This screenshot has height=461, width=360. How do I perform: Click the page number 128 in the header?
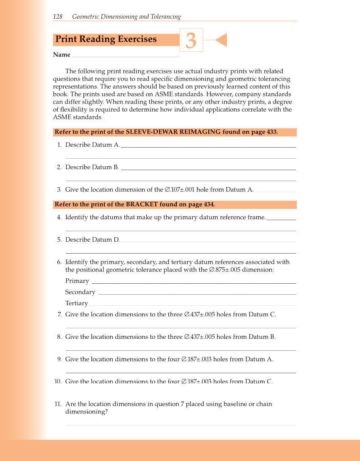[58, 17]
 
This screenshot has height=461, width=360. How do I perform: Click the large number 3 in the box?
[191, 41]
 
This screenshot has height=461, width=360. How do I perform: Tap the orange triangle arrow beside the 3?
[221, 40]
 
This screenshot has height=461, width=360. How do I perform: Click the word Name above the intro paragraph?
[61, 55]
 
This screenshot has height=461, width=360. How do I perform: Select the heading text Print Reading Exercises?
[106, 39]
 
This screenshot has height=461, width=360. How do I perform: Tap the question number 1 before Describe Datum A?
[59, 145]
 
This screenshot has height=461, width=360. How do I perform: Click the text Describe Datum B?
[92, 168]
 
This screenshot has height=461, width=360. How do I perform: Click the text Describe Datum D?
[92, 240]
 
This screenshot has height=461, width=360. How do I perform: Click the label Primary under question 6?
[77, 281]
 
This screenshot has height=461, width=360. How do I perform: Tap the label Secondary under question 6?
[80, 292]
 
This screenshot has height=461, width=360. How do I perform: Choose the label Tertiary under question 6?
[77, 304]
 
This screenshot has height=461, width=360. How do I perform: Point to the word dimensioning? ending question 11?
[87, 412]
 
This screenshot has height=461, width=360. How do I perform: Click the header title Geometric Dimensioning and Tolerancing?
[126, 17]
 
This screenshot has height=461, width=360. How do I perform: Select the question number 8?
[59, 337]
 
